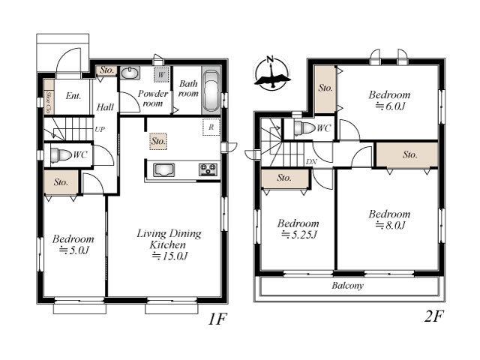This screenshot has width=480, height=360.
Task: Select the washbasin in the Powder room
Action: (130, 73)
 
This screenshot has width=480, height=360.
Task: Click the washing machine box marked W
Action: (161, 74)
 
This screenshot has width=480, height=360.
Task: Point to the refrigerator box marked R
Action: (211, 127)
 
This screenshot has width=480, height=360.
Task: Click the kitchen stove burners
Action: (208, 169)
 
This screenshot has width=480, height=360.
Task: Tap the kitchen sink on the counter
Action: (164, 170)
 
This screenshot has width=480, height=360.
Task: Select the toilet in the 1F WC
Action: (61, 155)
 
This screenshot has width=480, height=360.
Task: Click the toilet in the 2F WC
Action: (304, 128)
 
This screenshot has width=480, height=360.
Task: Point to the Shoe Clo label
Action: (49, 102)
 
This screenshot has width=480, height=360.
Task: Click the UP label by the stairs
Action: (100, 129)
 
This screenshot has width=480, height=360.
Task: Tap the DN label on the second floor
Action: (311, 162)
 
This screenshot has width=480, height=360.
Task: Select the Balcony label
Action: (347, 286)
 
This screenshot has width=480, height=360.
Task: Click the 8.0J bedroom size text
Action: (390, 226)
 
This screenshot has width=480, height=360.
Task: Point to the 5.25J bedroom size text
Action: (299, 235)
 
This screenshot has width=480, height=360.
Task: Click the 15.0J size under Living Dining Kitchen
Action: (170, 256)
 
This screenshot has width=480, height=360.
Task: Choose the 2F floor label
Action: (433, 316)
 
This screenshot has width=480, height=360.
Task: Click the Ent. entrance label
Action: (73, 96)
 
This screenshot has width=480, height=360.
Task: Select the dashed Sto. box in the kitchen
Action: (158, 141)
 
